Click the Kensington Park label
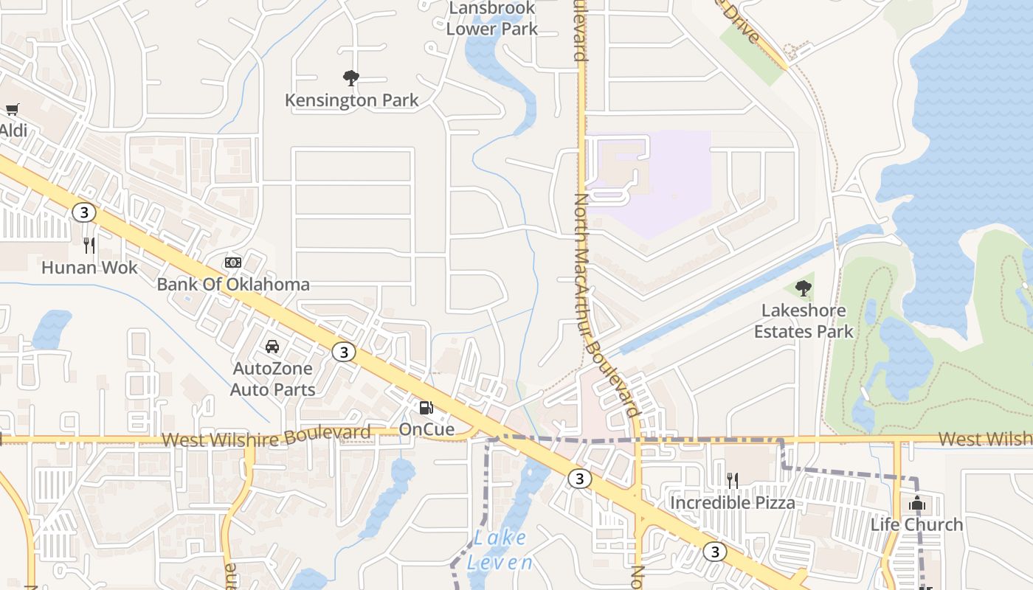click(352, 100)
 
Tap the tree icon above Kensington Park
click(351, 77)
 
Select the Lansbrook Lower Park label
click(492, 19)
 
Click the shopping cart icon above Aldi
click(12, 110)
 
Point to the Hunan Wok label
click(89, 267)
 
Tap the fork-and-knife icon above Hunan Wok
click(89, 245)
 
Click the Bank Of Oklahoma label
click(233, 284)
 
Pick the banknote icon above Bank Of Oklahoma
click(233, 263)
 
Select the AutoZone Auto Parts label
click(273, 378)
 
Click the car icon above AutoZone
click(272, 346)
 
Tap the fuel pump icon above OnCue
click(426, 407)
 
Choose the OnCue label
click(426, 428)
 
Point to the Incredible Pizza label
click(732, 503)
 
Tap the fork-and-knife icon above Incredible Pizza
click(732, 481)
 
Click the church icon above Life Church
click(917, 503)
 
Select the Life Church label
click(917, 524)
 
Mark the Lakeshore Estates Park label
click(804, 321)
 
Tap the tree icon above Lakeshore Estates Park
click(804, 288)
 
